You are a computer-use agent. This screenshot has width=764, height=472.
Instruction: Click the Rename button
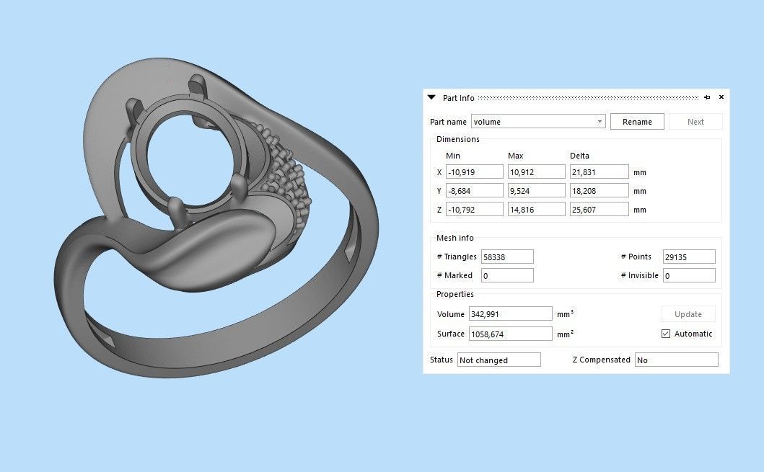point(637,122)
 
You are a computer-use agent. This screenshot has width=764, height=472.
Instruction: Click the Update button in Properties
point(688,314)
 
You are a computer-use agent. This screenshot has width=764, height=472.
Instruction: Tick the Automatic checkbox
point(666,334)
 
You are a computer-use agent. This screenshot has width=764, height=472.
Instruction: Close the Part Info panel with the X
point(721,97)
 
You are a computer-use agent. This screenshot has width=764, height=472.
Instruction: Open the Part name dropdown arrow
point(600,122)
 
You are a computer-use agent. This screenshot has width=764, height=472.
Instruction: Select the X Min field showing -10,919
point(474,172)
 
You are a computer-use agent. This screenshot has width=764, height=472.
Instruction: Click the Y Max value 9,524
point(536,191)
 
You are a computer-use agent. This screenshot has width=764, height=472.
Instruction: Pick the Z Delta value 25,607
point(598,210)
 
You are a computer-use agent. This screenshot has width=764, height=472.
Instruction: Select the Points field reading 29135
point(688,257)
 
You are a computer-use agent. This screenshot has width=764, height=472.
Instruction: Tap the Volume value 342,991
point(510,314)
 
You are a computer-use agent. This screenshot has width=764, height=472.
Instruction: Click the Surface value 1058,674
point(510,334)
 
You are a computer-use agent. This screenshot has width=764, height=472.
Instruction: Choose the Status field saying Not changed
point(499,360)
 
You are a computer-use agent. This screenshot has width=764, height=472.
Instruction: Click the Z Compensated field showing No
point(676,360)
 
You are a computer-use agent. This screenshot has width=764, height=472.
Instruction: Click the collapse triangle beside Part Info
point(431,97)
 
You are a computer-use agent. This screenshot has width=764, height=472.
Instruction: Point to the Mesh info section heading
point(455,238)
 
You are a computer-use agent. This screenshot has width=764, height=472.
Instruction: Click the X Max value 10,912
point(536,172)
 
